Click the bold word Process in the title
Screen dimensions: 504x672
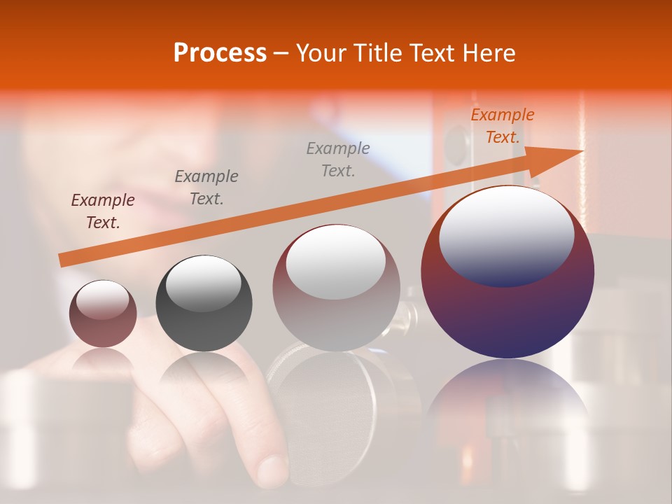tap(220, 53)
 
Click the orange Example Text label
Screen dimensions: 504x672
tap(502, 126)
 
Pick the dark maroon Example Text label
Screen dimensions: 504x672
tap(103, 211)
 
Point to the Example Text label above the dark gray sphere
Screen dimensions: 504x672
tap(206, 188)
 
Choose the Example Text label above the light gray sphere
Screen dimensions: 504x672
tap(338, 160)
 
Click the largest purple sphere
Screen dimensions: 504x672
tap(507, 315)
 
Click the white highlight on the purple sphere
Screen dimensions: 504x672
tap(506, 234)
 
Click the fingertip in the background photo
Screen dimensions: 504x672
tap(272, 469)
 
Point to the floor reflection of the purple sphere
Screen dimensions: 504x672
tap(507, 399)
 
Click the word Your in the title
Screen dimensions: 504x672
tap(321, 53)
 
